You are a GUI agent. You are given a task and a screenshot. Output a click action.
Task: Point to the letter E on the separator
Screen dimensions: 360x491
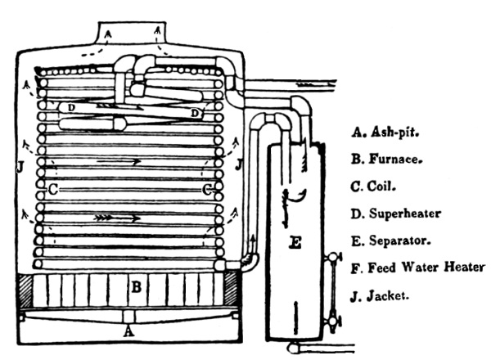click(x=295, y=242)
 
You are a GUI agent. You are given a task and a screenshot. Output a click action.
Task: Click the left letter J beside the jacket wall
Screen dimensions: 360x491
click(x=19, y=169)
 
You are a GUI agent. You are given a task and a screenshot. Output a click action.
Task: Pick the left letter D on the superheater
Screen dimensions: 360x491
click(x=72, y=107)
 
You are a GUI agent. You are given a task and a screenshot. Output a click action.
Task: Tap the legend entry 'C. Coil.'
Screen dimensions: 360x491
click(x=378, y=187)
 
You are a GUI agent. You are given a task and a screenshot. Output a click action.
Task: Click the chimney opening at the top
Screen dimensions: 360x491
click(x=130, y=34)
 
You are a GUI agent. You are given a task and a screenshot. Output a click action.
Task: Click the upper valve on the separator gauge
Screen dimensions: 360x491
click(x=331, y=259)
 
